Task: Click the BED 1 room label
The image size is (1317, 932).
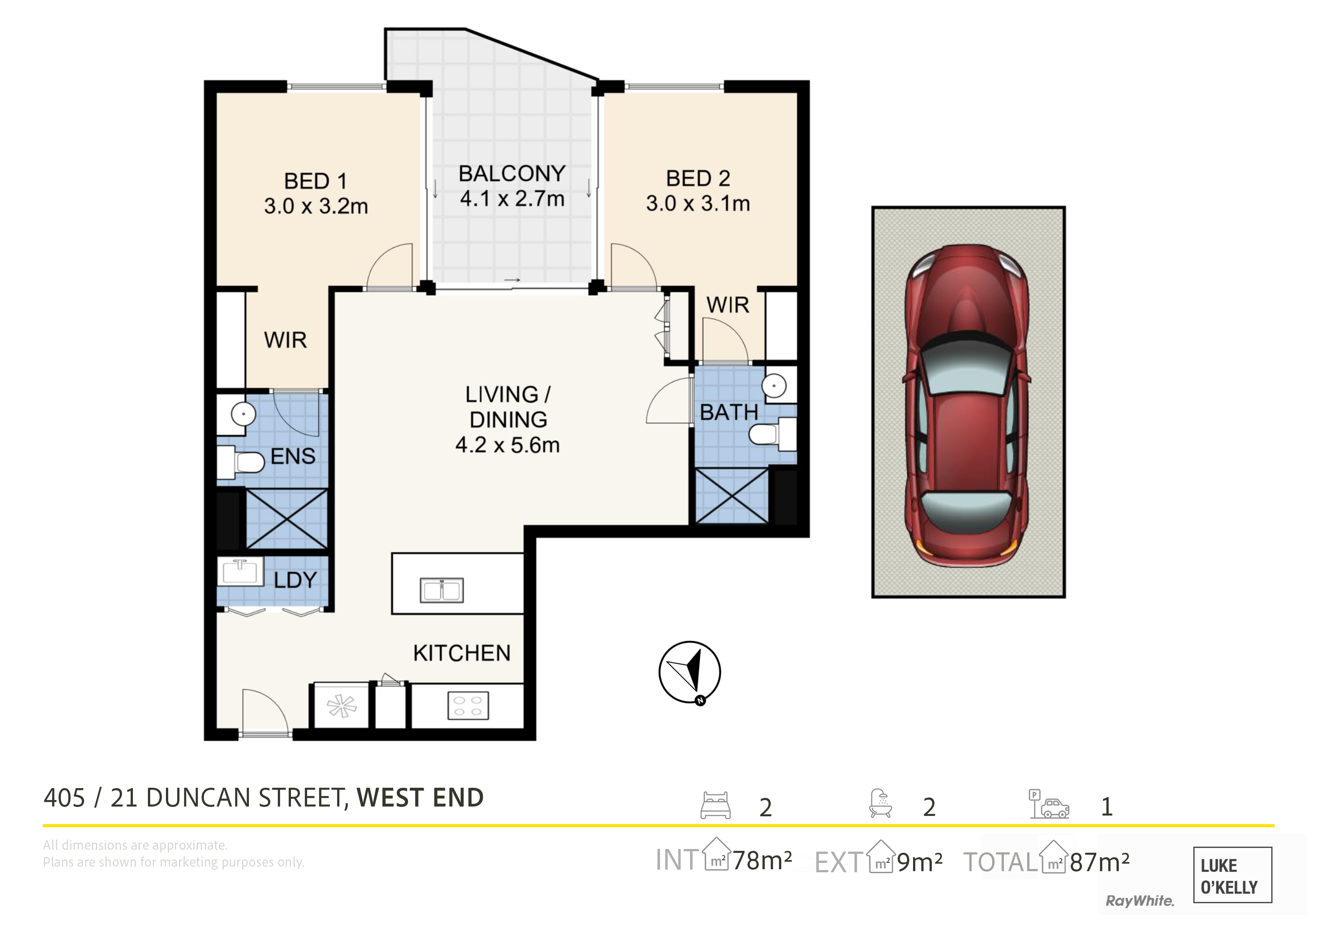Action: (315, 181)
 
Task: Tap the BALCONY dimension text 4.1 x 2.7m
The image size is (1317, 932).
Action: (512, 199)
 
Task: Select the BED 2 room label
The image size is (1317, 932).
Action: (698, 178)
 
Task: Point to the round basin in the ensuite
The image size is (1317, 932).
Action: (243, 414)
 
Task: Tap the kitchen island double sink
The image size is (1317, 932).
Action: (442, 590)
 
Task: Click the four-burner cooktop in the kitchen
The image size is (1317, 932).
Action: (468, 706)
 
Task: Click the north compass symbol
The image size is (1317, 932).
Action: (690, 672)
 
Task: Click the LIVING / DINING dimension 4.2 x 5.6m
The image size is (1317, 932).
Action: (508, 445)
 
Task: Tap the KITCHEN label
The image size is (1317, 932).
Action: (462, 653)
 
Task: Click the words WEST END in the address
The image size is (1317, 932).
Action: (420, 798)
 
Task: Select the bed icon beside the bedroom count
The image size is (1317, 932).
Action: (715, 805)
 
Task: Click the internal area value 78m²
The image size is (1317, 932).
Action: (762, 860)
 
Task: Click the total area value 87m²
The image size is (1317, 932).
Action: (1100, 861)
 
